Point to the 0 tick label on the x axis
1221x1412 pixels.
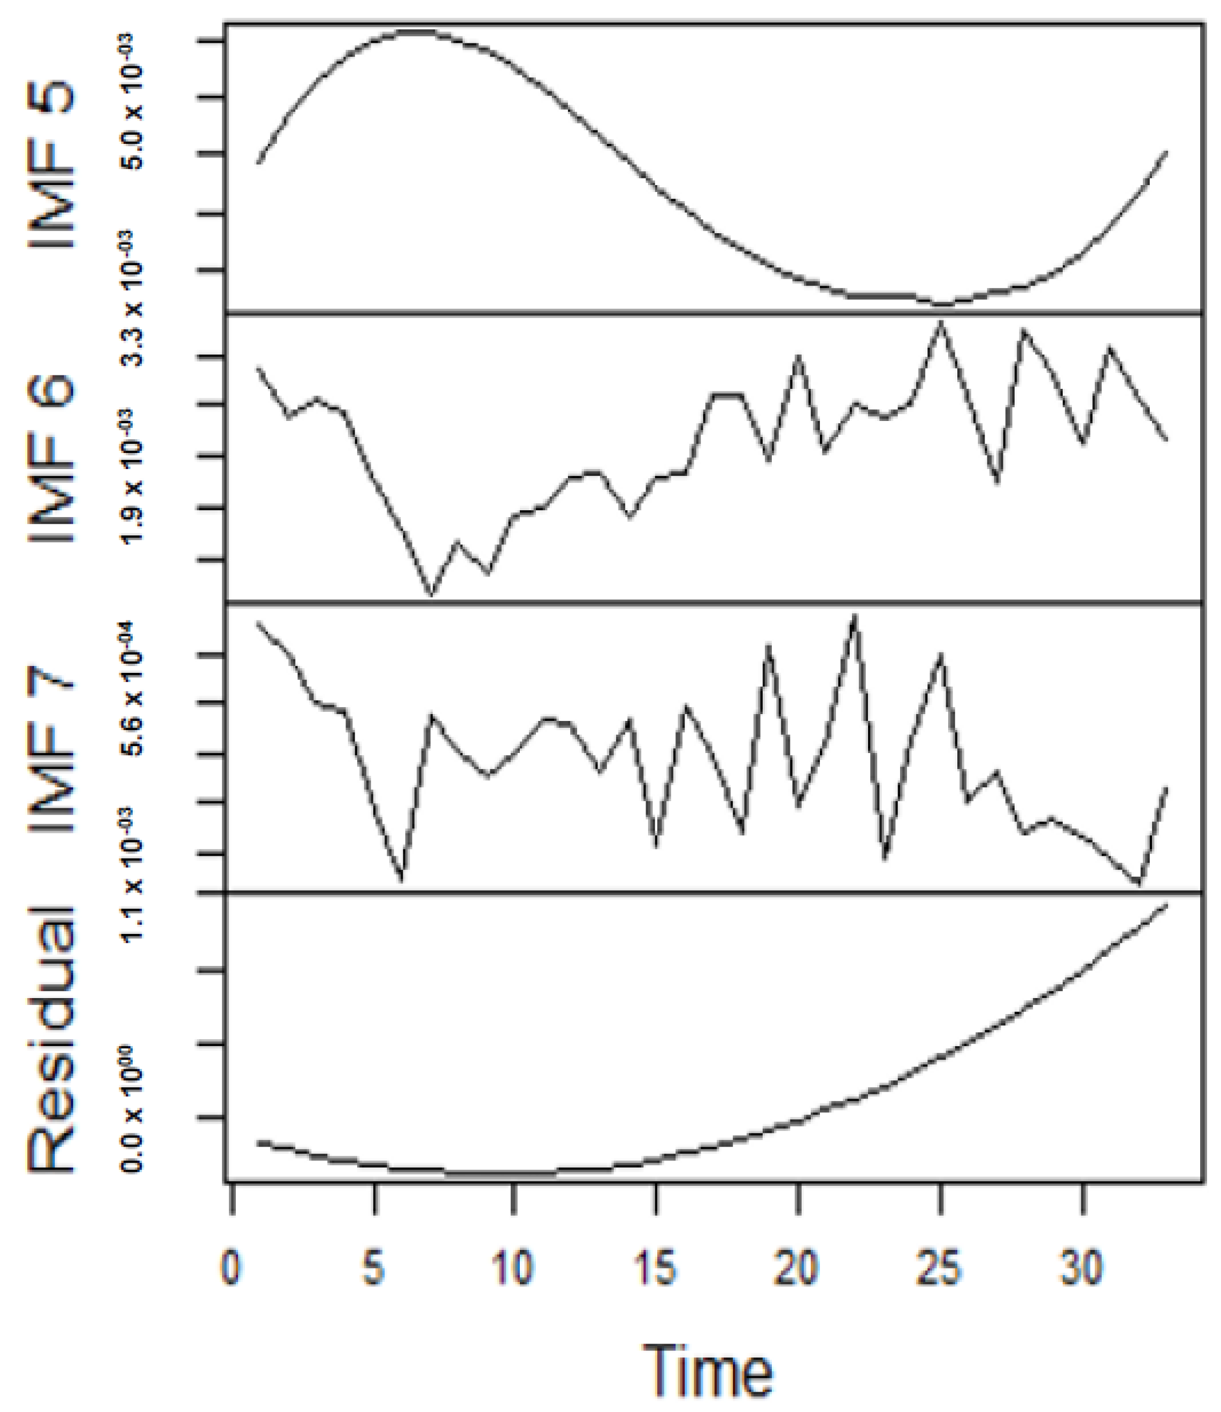[232, 1269]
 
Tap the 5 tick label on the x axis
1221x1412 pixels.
[373, 1269]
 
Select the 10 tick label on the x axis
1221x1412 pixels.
[514, 1269]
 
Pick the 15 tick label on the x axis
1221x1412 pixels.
[656, 1269]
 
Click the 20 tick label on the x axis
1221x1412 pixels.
[798, 1269]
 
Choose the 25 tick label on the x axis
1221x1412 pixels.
[940, 1269]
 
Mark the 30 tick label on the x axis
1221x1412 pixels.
[1082, 1269]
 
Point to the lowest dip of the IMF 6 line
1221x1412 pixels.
[431, 595]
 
